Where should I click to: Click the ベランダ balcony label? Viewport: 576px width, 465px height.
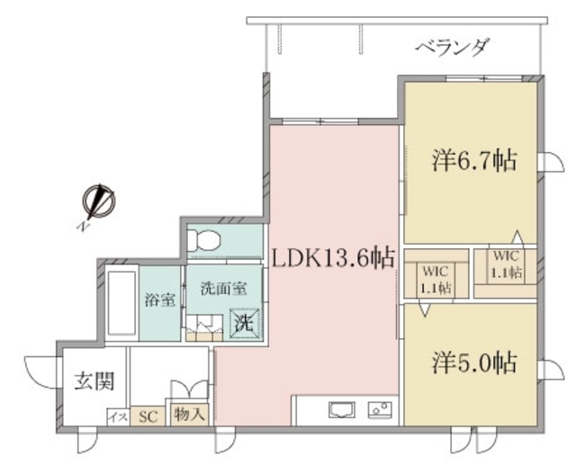[453, 48]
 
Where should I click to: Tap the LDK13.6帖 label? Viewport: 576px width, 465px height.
[334, 258]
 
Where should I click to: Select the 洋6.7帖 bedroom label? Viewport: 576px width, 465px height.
[474, 161]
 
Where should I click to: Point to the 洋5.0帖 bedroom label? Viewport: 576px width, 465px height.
[474, 362]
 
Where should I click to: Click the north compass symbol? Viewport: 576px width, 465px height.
[98, 201]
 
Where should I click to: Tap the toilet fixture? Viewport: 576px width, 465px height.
[203, 240]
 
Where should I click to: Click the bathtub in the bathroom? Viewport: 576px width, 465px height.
[121, 303]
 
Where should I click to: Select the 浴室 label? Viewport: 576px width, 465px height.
[159, 300]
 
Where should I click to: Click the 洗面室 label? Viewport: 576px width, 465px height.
[224, 289]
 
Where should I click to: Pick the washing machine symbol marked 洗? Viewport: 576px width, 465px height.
[245, 323]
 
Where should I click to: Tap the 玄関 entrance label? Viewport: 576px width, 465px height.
[94, 381]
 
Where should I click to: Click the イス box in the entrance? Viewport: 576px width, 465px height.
[118, 417]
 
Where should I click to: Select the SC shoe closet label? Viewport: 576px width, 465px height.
[148, 416]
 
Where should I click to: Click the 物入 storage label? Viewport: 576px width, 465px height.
[189, 415]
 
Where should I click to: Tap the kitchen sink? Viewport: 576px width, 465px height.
[342, 409]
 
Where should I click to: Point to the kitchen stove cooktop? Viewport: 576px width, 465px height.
[380, 409]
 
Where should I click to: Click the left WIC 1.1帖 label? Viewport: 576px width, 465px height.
[436, 280]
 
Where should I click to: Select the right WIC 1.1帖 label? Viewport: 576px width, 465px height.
[506, 264]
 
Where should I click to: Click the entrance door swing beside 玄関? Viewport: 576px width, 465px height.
[40, 372]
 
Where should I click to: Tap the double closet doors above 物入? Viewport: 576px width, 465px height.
[190, 389]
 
